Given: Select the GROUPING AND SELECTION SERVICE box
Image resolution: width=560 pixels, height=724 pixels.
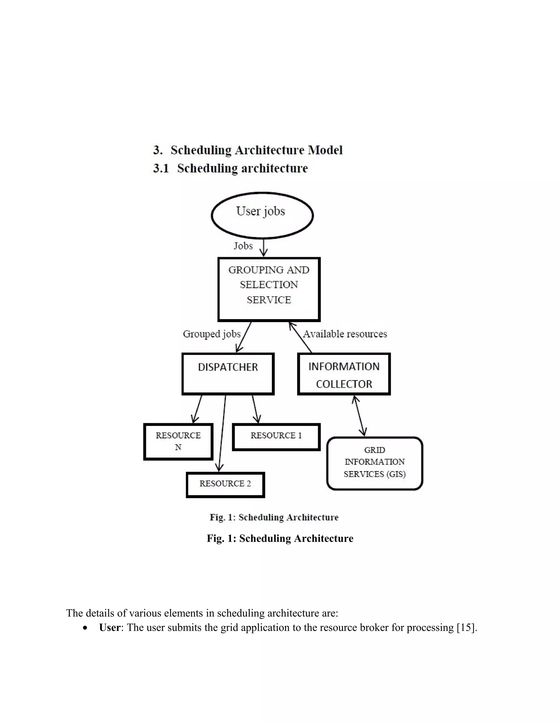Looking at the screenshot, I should coord(269,289).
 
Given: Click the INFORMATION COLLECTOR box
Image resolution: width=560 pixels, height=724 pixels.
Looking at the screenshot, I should coord(344,374).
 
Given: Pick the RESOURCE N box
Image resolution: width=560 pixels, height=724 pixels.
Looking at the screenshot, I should coord(178,442).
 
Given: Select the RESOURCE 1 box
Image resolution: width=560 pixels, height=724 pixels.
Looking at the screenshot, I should coord(276,437).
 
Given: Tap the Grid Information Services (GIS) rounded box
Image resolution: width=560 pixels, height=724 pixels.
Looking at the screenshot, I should coord(375,463).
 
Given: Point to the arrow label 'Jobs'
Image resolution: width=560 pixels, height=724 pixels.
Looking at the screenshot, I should coord(243,246).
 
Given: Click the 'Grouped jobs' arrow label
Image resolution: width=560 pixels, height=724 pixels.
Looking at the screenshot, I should coord(212,334).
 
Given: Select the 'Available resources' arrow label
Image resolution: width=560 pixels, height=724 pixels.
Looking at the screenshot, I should coord(345,334).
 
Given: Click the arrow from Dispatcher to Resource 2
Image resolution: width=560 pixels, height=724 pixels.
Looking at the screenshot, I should coord(222,431).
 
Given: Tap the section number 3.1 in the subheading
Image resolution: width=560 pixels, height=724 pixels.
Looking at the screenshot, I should coord(161,168).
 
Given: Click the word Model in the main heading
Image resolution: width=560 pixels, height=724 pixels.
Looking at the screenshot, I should coord(325,150).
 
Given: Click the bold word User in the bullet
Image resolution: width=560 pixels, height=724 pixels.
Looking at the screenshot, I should coord(109,627).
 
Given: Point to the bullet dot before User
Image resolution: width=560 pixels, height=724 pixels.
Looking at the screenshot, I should coord(86,628).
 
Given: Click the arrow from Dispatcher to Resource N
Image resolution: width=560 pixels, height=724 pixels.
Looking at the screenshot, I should coord(197,408).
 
